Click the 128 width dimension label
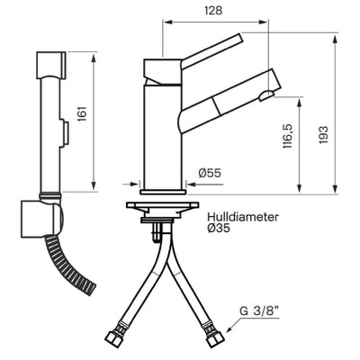pyautogui.click(x=213, y=11)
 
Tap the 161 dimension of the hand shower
pyautogui.click(x=82, y=113)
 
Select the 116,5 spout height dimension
pyautogui.click(x=287, y=137)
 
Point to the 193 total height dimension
pyautogui.click(x=323, y=135)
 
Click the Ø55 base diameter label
pyautogui.click(x=210, y=173)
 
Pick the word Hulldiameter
pyautogui.click(x=243, y=217)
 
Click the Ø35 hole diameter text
pyautogui.click(x=219, y=229)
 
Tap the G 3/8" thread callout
pyautogui.click(x=259, y=311)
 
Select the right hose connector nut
pyautogui.click(x=214, y=335)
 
